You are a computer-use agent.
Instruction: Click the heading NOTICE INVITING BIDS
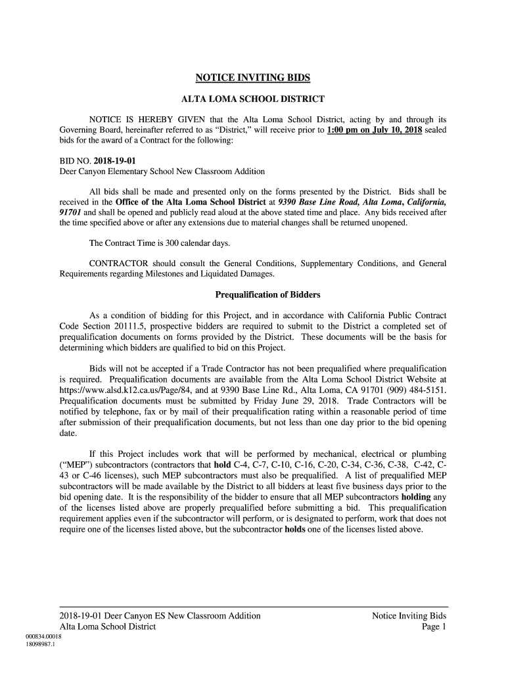(x=253, y=78)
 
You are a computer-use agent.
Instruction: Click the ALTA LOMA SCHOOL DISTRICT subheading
(x=253, y=99)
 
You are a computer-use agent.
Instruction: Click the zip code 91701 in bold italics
(x=70, y=212)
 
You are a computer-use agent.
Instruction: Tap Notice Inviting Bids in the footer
(x=409, y=616)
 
